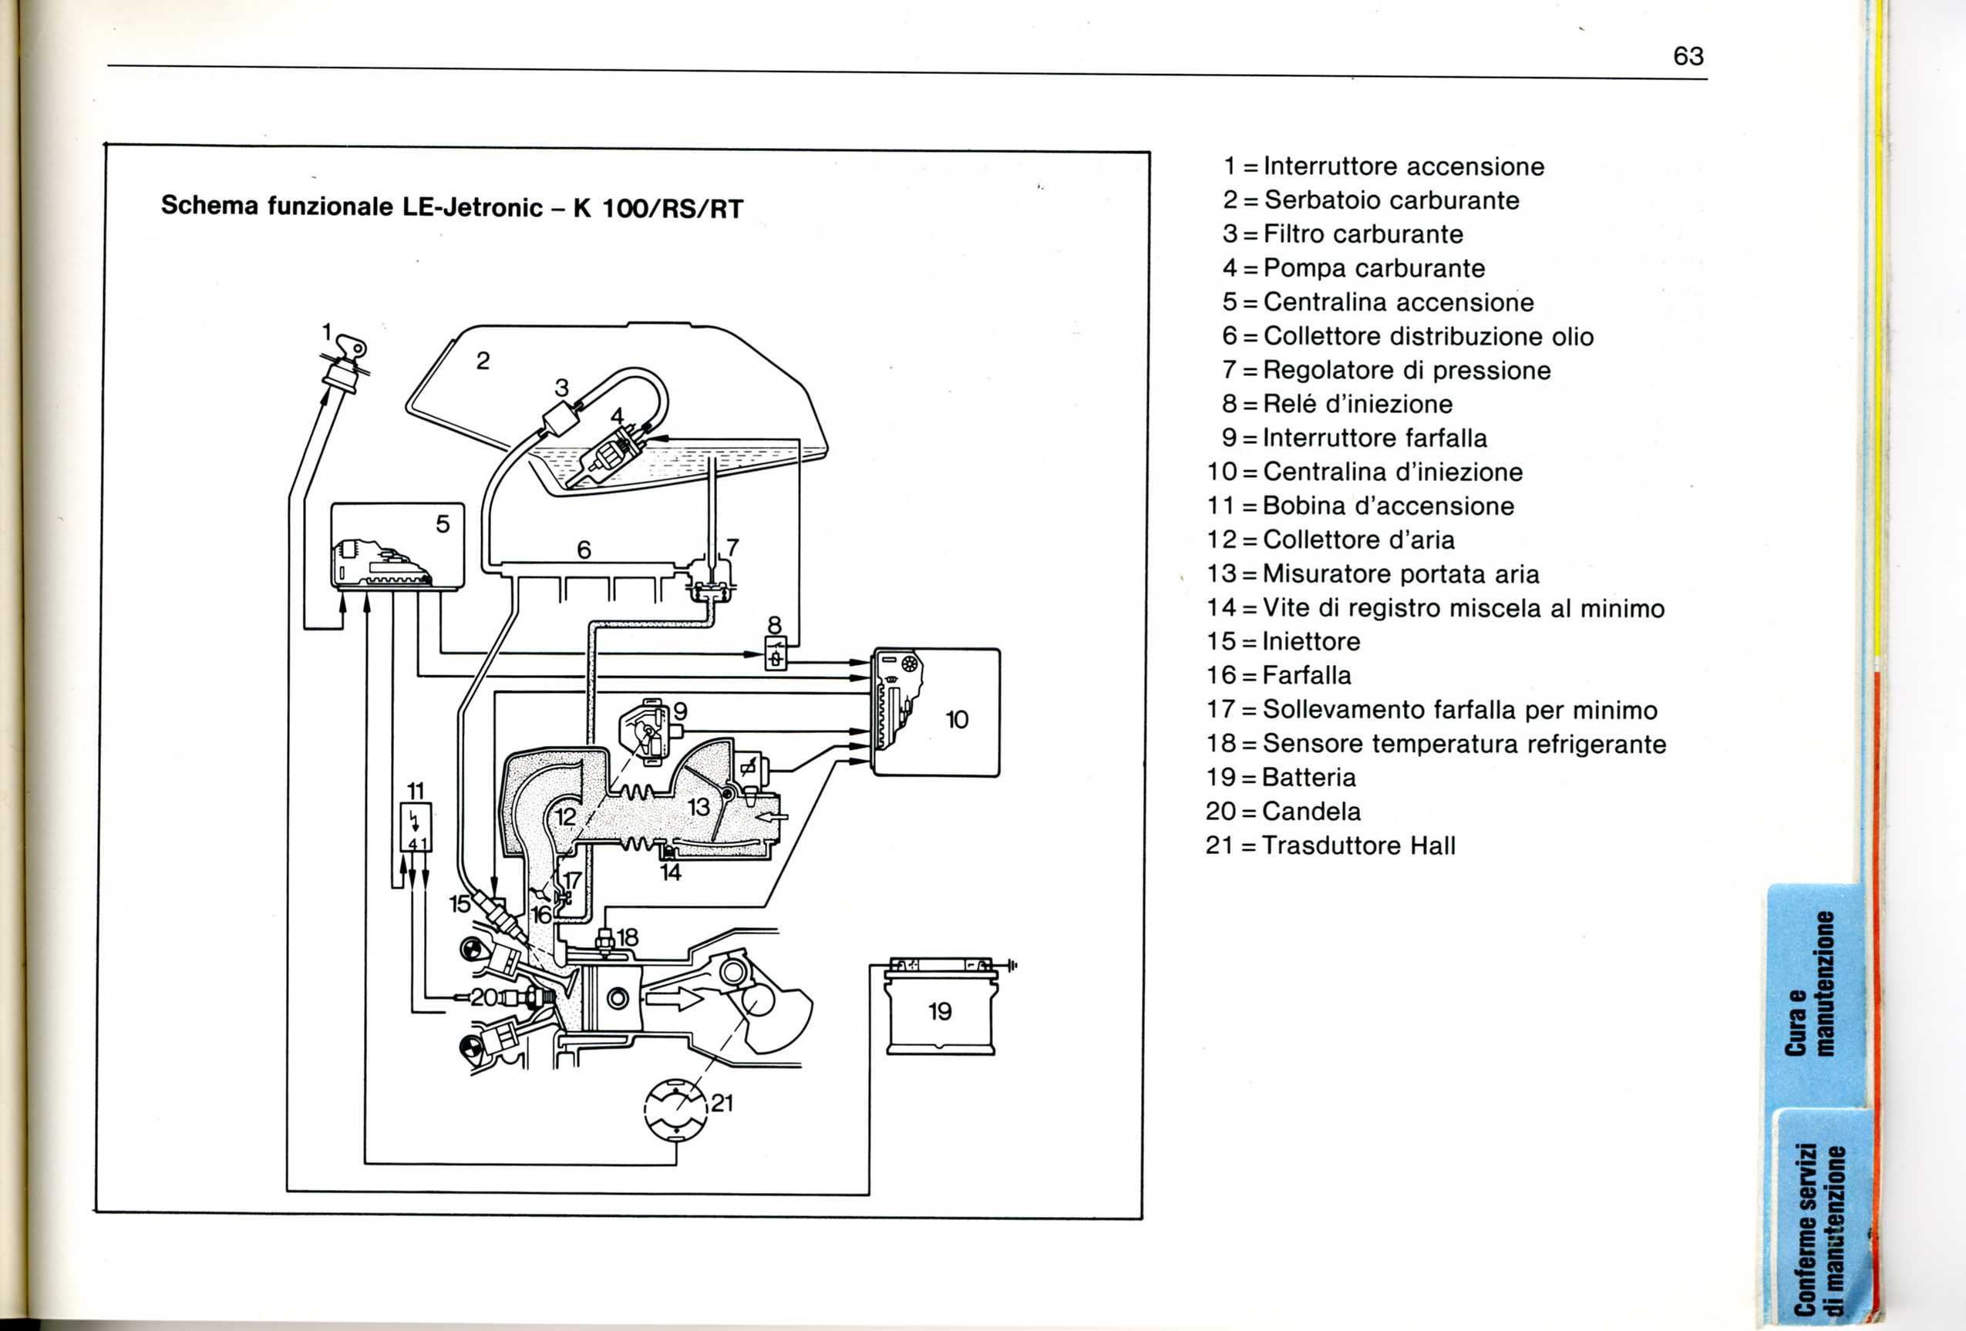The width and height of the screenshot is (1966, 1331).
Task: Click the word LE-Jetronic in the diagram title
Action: coord(472,207)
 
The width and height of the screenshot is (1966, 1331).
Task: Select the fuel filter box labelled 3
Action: coord(558,418)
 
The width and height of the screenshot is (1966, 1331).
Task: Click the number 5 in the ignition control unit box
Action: coord(443,524)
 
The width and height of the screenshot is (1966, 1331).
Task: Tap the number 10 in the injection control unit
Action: coord(957,720)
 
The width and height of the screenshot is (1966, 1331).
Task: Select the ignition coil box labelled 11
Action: coord(416,826)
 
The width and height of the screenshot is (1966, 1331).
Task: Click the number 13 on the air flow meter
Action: coord(699,807)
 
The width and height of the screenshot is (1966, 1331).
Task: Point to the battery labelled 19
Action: coord(941,1011)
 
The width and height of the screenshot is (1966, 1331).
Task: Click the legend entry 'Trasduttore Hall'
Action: coord(1358,845)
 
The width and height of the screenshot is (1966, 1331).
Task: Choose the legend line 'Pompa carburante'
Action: coord(1373,268)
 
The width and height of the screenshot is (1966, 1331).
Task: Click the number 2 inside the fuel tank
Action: coord(483,361)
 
